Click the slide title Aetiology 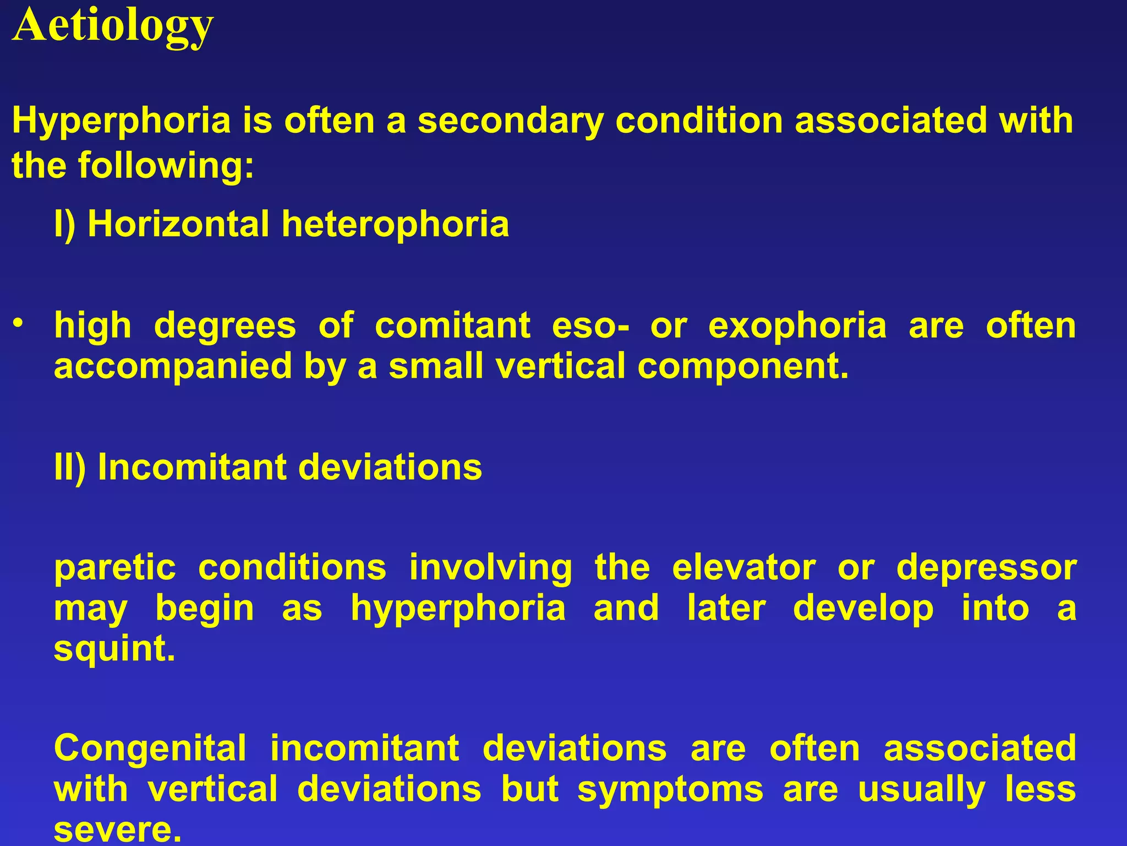(x=113, y=26)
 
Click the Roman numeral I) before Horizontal (x=64, y=225)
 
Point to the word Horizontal (x=178, y=224)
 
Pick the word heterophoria (x=395, y=225)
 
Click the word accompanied (x=173, y=367)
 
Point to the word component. (x=743, y=367)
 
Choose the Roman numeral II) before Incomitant (x=70, y=468)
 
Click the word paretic (x=115, y=568)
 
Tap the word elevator (x=744, y=568)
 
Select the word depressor (x=986, y=568)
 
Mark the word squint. (x=114, y=649)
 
